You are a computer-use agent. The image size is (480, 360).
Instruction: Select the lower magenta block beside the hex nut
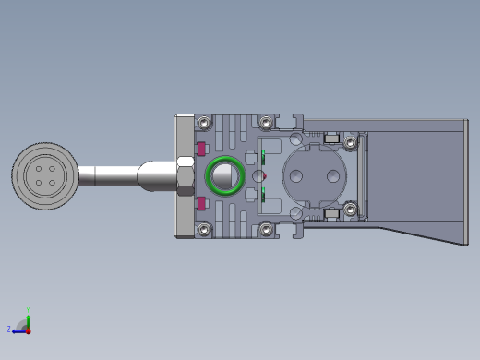pos(201,203)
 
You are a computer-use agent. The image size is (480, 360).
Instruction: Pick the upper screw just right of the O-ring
pos(266,122)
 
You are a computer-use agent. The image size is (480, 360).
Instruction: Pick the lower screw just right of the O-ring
pos(266,228)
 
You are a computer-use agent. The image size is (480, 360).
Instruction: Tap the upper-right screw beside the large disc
pos(351,139)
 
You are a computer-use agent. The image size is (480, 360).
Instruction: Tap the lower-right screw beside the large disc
pos(351,212)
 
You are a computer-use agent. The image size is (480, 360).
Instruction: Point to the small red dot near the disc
pos(264,174)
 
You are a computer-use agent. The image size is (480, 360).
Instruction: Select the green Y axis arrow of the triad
pos(29,316)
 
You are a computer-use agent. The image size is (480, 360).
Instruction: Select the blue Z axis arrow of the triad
pos(17,329)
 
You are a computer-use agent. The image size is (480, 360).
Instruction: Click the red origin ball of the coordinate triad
pos(29,329)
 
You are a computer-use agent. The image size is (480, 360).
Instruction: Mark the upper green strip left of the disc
pos(264,155)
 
